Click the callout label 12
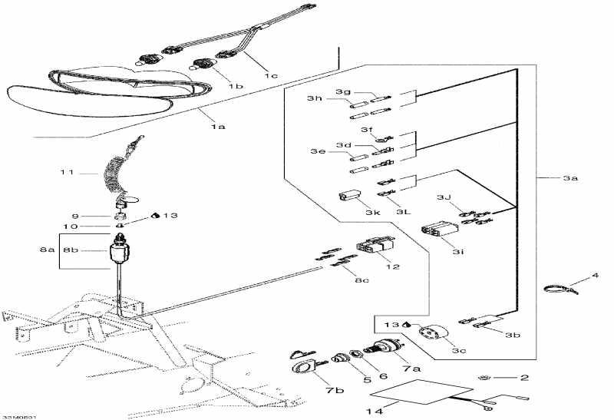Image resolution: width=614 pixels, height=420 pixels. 394,267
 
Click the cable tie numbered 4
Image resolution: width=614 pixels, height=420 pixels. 558,291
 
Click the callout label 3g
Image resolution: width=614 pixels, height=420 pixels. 342,91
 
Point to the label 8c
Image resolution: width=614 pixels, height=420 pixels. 361,281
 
